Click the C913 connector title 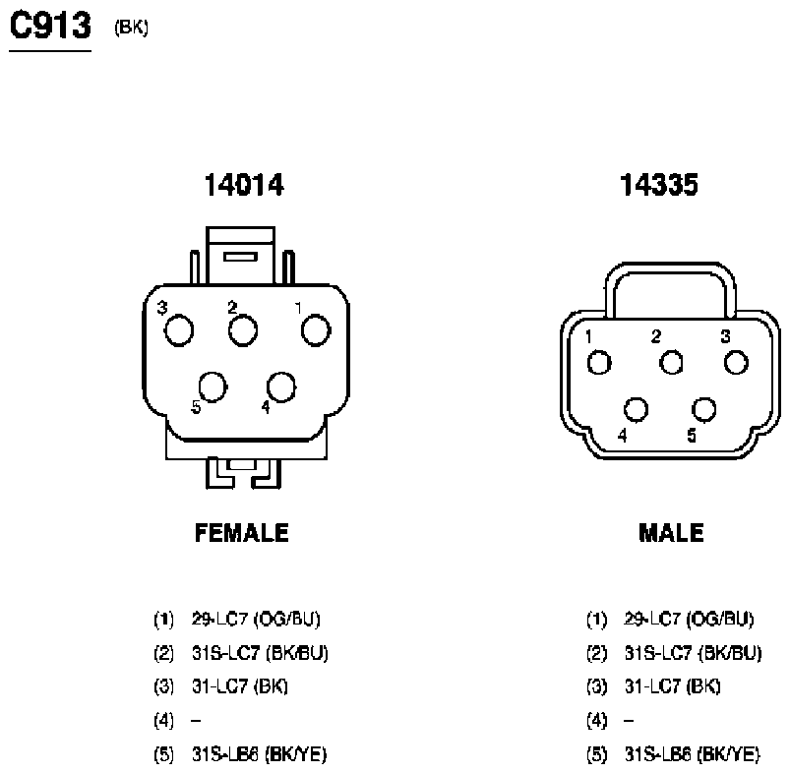tap(50, 26)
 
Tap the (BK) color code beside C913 tap(131, 28)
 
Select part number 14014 tap(244, 184)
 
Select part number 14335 tap(659, 184)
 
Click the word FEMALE tap(242, 533)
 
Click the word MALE tap(671, 533)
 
